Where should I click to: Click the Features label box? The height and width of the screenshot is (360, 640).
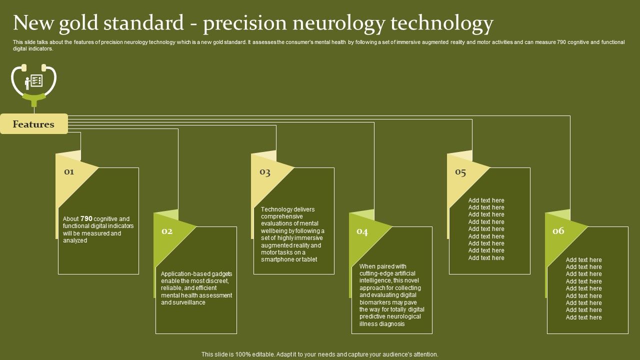coord(33,124)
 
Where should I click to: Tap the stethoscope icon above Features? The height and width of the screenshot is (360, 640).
coord(34,83)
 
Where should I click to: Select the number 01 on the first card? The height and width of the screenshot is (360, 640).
coord(69,172)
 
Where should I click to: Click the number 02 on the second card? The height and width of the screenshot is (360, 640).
coord(167,231)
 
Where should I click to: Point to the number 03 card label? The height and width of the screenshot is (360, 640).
coord(265,172)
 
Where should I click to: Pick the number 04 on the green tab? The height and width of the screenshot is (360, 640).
coord(362,231)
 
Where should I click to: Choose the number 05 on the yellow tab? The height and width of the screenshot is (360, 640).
coord(460,172)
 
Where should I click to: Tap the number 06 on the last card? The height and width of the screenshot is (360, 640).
coord(558,231)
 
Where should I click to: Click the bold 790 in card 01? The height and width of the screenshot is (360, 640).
coord(86,218)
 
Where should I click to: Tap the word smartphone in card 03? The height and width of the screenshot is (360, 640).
coord(277,259)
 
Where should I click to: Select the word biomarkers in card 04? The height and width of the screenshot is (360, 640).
coord(376,302)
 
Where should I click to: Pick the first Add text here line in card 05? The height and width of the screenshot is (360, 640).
coord(486,200)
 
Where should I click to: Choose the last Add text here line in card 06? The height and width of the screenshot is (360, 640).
coord(583,317)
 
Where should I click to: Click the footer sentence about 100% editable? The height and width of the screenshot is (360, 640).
coord(320,354)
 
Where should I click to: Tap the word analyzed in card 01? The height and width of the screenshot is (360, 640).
coord(75,240)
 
